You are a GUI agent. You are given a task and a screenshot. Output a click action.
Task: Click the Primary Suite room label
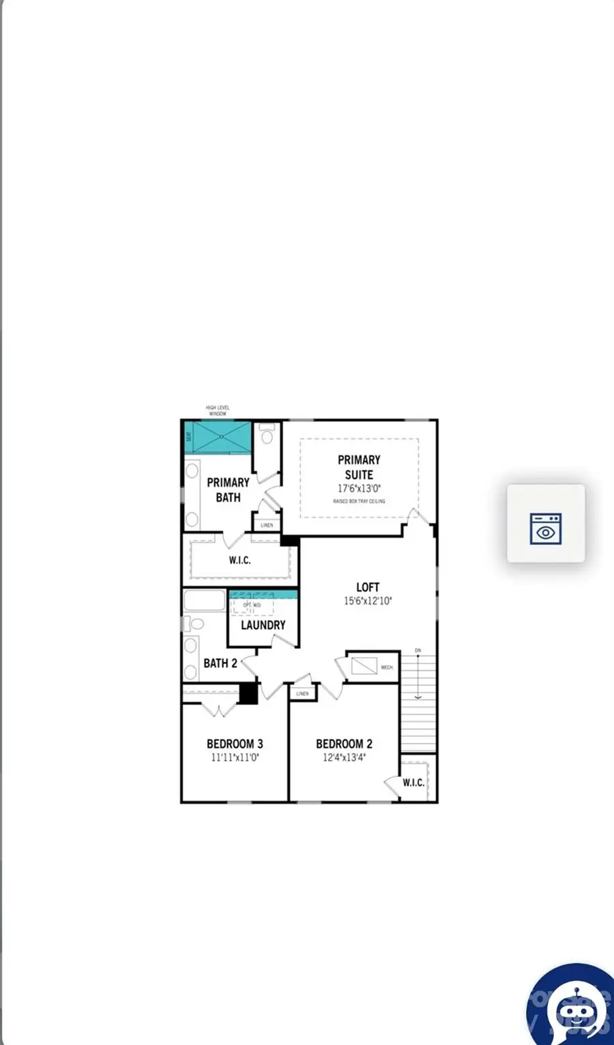click(x=359, y=467)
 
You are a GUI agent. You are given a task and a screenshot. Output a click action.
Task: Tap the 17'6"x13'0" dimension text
click(x=359, y=488)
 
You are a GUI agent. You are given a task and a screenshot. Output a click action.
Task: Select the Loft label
click(x=368, y=587)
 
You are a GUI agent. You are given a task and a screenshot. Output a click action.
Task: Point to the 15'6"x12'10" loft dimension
click(x=368, y=601)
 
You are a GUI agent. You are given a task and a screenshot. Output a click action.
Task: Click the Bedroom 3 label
click(x=235, y=744)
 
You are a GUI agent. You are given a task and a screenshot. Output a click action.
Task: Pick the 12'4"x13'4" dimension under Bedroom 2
click(x=345, y=757)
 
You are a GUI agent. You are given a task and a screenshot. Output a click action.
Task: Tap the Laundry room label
click(x=263, y=624)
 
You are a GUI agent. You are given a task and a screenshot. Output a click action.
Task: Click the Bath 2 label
click(x=220, y=663)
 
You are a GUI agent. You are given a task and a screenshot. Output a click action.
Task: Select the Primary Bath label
click(x=228, y=489)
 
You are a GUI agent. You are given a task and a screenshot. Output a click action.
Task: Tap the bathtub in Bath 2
click(x=204, y=601)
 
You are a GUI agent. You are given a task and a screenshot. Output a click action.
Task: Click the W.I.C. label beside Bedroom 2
click(x=413, y=783)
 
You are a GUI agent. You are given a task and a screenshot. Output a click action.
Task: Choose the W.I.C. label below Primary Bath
click(x=239, y=560)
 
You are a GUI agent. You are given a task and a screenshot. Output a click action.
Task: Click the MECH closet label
click(x=387, y=667)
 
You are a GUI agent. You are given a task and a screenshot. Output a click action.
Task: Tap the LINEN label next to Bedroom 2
click(x=302, y=693)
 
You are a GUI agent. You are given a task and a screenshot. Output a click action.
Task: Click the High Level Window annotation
click(x=218, y=410)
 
